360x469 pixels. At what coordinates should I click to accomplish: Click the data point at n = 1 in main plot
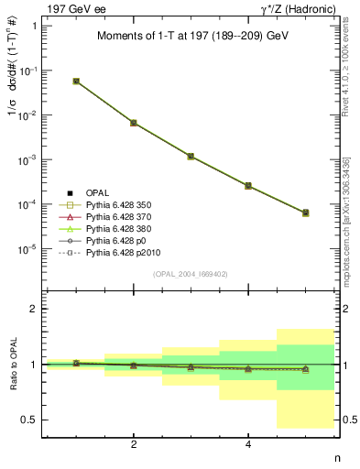click(x=76, y=81)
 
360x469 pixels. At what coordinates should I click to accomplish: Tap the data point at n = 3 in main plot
click(x=191, y=157)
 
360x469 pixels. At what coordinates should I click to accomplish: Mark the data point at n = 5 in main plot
click(x=305, y=213)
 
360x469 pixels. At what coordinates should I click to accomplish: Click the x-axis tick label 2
click(x=134, y=445)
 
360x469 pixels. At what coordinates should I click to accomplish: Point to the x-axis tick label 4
click(x=248, y=445)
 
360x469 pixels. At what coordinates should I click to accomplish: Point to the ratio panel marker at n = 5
click(x=305, y=369)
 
